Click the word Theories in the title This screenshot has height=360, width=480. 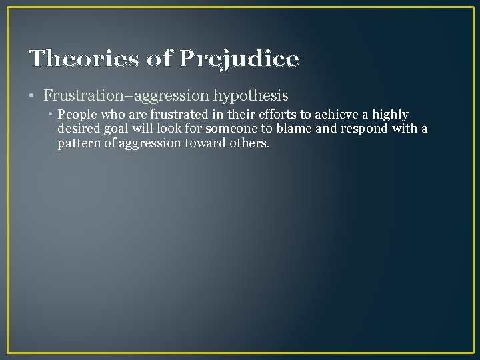pyautogui.click(x=83, y=59)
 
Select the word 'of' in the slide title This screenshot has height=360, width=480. pyautogui.click(x=160, y=59)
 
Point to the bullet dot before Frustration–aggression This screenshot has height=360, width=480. pyautogui.click(x=33, y=96)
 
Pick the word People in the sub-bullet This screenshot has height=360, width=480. pyautogui.click(x=77, y=115)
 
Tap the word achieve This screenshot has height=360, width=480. pyautogui.click(x=329, y=115)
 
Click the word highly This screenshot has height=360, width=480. pyautogui.click(x=390, y=115)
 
